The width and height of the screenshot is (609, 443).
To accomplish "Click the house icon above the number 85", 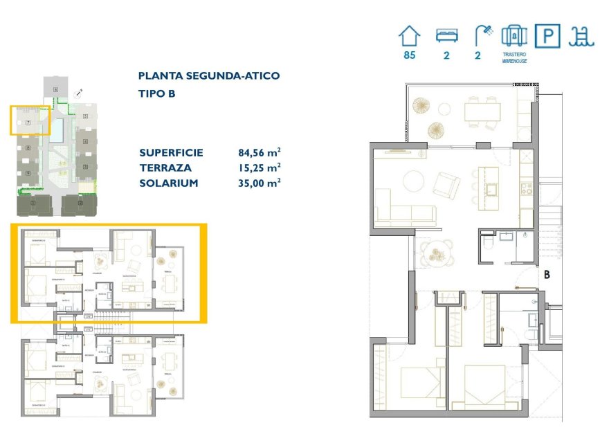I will [x=409, y=35].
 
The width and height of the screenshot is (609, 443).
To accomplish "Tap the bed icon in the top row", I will [x=446, y=35].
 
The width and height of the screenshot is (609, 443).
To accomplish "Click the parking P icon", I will [x=548, y=36].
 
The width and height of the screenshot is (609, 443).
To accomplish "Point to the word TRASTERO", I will [x=513, y=53].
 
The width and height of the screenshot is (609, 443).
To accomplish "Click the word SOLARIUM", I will [x=169, y=183].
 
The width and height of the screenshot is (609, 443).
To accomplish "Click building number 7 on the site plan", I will [x=28, y=123].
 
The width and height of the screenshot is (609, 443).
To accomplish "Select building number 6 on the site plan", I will [x=55, y=89].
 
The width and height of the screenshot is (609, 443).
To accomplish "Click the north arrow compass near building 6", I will [x=80, y=91].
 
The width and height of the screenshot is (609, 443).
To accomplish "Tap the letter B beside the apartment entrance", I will [x=546, y=274].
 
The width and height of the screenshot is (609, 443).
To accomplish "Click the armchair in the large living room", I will [x=446, y=185].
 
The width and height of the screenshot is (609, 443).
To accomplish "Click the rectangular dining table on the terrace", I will [x=482, y=111].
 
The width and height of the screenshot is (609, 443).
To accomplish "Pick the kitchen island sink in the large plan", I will [x=493, y=189].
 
